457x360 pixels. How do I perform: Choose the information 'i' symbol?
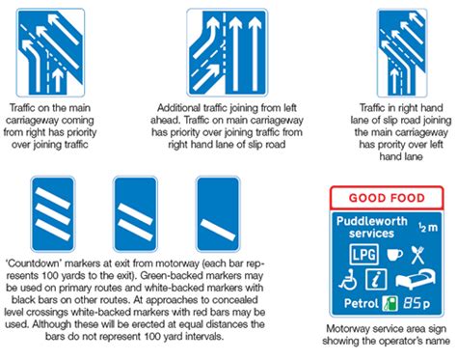(377, 279)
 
